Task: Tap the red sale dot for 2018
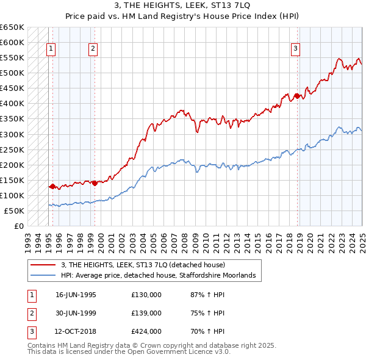297,96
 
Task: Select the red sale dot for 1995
52,186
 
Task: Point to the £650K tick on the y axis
12,27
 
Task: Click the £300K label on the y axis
12,134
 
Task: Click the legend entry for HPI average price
162,276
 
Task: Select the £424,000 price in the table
146,331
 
